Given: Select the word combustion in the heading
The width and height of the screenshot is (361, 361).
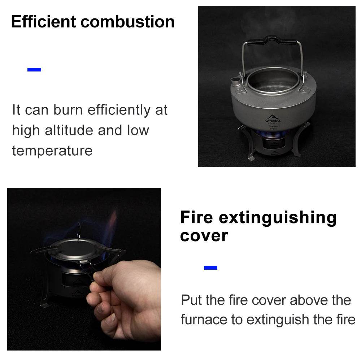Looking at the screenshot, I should coord(128,22).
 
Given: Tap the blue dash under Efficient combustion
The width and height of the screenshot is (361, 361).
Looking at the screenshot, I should coord(34,70).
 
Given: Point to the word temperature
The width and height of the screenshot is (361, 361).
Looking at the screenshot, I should coord(52,150).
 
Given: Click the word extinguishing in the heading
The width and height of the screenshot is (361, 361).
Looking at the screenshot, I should coord(278,218).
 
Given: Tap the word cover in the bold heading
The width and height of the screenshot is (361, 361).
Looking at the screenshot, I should coord(204,236).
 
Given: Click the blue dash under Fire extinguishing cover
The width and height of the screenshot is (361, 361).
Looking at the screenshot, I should coord(210,268).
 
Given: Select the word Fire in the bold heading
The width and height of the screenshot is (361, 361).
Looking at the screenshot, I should coord(197,218).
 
